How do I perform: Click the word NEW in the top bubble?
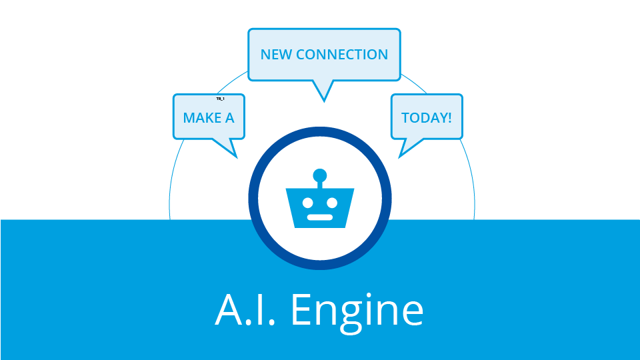click(276, 55)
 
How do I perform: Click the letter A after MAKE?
click(229, 119)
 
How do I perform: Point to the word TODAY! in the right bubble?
click(426, 119)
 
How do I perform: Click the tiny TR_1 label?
click(220, 99)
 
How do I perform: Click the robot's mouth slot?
click(320, 217)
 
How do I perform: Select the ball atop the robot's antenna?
click(320, 175)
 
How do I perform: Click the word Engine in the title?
click(358, 310)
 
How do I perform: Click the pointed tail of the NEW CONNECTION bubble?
click(323, 93)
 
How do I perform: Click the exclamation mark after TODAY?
click(449, 119)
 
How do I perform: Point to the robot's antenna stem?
click(320, 185)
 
